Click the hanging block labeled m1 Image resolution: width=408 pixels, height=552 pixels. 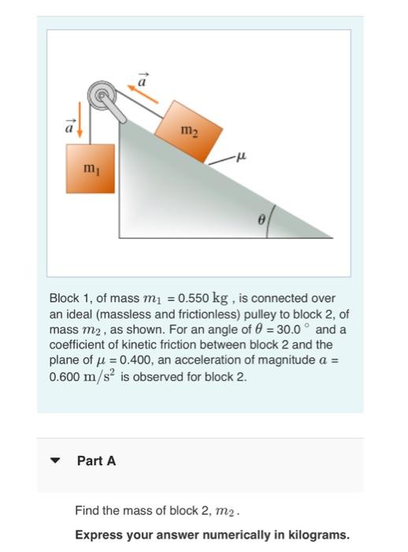(90, 168)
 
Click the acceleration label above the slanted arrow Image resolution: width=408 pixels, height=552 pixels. (143, 77)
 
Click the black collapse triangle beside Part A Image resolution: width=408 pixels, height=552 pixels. (54, 461)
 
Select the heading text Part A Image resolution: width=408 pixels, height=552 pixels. (96, 461)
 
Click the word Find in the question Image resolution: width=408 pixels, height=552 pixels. (86, 511)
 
